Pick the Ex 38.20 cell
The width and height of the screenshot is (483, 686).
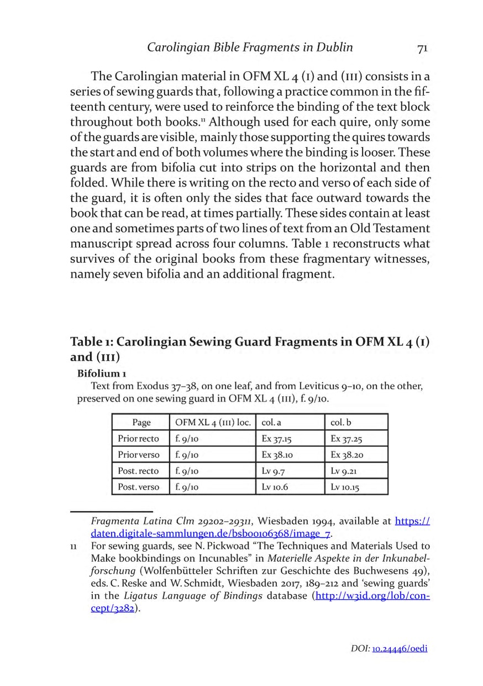pyautogui.click(x=347, y=455)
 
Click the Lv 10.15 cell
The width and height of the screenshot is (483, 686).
pyautogui.click(x=347, y=487)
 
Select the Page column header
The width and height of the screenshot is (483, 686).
pyautogui.click(x=141, y=422)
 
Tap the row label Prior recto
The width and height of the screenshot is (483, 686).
pyautogui.click(x=138, y=439)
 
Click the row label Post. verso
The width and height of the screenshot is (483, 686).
pyautogui.click(x=138, y=487)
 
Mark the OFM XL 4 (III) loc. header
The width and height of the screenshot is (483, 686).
pyautogui.click(x=212, y=422)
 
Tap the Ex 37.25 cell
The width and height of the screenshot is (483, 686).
pyautogui.click(x=347, y=439)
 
